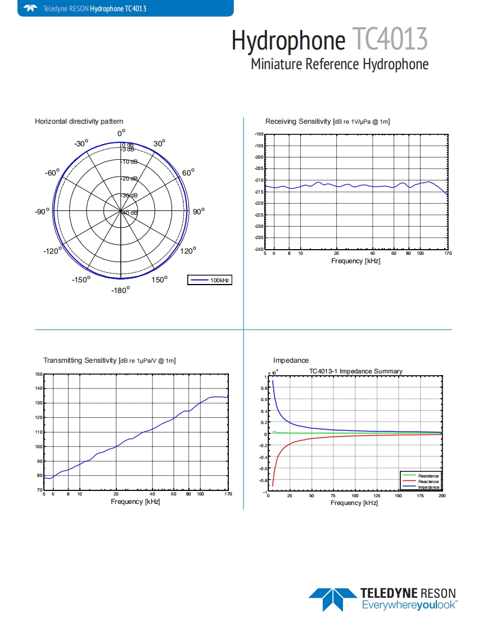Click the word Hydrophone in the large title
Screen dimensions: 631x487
tap(288, 40)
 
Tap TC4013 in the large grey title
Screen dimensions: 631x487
tap(390, 40)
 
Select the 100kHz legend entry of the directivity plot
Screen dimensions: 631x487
tap(210, 280)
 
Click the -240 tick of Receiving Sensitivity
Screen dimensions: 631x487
tap(259, 249)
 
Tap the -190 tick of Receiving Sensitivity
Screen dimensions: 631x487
tap(259, 134)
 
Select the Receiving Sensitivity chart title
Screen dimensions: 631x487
tap(328, 121)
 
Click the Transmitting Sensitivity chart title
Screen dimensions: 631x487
tap(110, 360)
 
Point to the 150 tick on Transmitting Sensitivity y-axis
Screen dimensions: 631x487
tap(39, 374)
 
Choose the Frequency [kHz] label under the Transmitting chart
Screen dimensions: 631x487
tap(136, 502)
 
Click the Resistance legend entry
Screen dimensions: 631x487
tap(428, 476)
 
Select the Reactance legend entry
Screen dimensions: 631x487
tap(428, 481)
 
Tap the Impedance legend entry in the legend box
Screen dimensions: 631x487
tap(428, 487)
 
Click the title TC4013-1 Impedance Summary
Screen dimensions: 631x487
tap(356, 371)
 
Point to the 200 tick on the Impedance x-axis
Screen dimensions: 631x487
tap(442, 496)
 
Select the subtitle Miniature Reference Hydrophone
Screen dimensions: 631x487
tap(340, 64)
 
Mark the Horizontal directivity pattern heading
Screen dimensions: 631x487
tap(79, 121)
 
